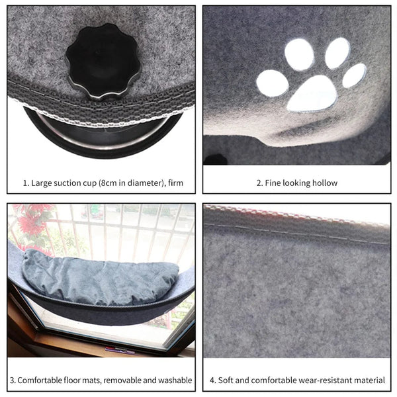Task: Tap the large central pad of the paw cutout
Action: [x=312, y=93]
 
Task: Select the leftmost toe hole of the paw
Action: [x=272, y=83]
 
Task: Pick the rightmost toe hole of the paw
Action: [x=354, y=75]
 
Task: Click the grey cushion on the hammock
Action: [x=99, y=278]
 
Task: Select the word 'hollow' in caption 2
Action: [x=322, y=183]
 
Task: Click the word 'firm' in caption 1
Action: [x=183, y=183]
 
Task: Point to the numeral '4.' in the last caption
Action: [x=213, y=380]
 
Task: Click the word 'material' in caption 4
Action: [x=369, y=380]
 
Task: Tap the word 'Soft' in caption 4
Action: [x=228, y=380]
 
